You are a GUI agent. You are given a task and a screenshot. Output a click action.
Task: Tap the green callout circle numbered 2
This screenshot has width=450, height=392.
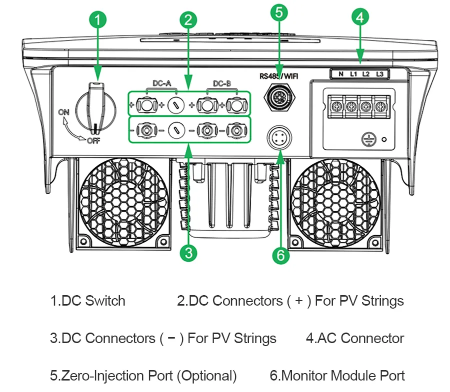(187, 20)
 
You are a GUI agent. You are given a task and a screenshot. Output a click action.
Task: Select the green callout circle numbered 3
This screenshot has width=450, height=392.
(187, 253)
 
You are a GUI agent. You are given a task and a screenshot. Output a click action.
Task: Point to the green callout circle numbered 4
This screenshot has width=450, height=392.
(359, 17)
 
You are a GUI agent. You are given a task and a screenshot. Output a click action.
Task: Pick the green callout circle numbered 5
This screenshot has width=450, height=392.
(278, 12)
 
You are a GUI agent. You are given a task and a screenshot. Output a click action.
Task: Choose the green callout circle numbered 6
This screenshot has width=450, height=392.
(280, 255)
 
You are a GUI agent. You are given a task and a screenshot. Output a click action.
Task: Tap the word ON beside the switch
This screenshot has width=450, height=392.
(63, 112)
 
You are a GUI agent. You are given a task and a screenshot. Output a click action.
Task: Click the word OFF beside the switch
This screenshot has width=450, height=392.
(93, 140)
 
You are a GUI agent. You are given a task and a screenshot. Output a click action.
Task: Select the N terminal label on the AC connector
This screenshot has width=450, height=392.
(340, 74)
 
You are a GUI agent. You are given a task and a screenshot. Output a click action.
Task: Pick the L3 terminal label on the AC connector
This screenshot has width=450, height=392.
(379, 74)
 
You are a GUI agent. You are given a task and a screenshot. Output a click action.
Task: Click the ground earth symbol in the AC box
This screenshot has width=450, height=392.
(367, 139)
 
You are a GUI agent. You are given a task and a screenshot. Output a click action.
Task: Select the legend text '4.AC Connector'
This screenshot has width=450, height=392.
(354, 338)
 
